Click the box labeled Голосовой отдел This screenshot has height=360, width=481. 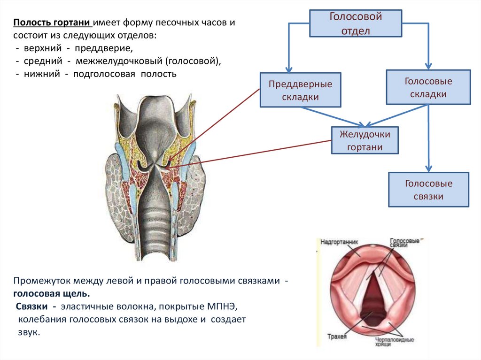pos(355,24)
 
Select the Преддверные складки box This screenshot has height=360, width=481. pos(300,91)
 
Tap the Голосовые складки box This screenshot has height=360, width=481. pos(428,87)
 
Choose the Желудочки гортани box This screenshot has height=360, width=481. pos(365,141)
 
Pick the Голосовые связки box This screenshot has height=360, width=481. pos(428,190)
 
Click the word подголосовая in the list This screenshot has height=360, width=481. pos(104,74)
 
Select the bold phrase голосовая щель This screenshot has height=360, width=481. pos(51,293)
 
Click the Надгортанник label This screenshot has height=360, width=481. pos(340,242)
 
